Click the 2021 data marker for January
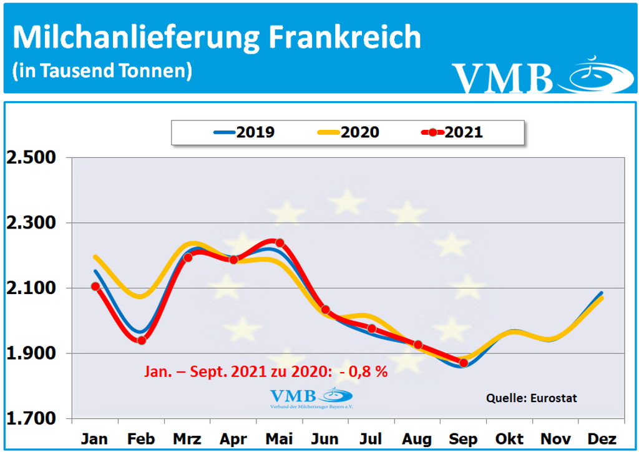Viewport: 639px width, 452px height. pos(95,287)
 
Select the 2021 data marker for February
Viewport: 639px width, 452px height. pos(142,340)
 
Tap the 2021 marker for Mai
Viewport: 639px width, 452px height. pos(280,243)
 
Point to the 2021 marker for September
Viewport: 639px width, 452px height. pos(464,363)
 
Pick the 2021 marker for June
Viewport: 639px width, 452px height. pos(325,310)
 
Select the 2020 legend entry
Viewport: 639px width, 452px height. pos(348,132)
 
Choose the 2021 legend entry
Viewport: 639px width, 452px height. pos(452,132)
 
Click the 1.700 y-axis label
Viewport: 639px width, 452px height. pos(31,419)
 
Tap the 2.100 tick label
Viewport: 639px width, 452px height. pos(31,288)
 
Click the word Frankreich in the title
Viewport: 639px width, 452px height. pos(345,37)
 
